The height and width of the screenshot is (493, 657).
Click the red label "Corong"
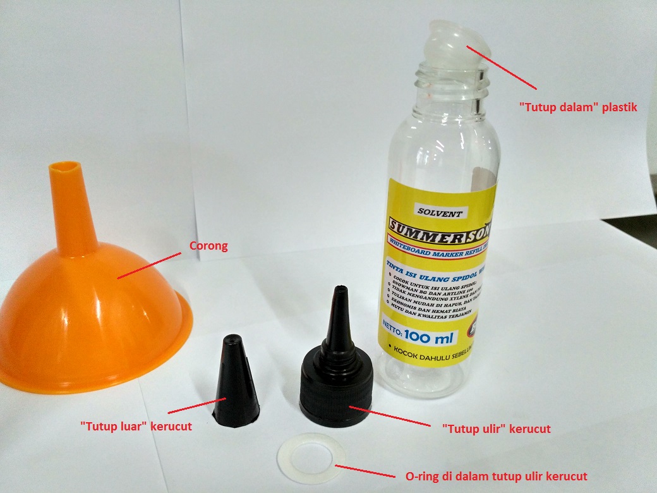(209, 246)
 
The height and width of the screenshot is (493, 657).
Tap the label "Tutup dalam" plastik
(577, 107)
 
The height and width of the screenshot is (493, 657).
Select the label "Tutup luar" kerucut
(136, 427)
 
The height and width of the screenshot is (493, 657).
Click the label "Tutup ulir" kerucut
(496, 429)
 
